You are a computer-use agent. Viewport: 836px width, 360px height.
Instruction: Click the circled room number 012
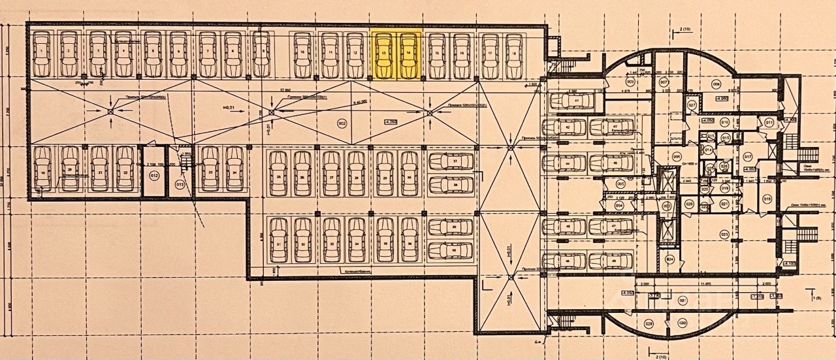(154, 176)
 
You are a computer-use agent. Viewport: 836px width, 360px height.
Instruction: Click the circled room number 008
(716, 84)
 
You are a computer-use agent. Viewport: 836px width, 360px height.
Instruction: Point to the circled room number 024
(669, 259)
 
